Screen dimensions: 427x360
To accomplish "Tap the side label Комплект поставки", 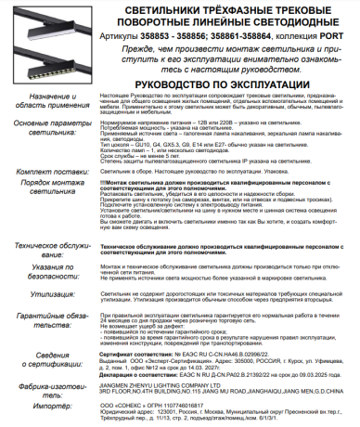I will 51,173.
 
